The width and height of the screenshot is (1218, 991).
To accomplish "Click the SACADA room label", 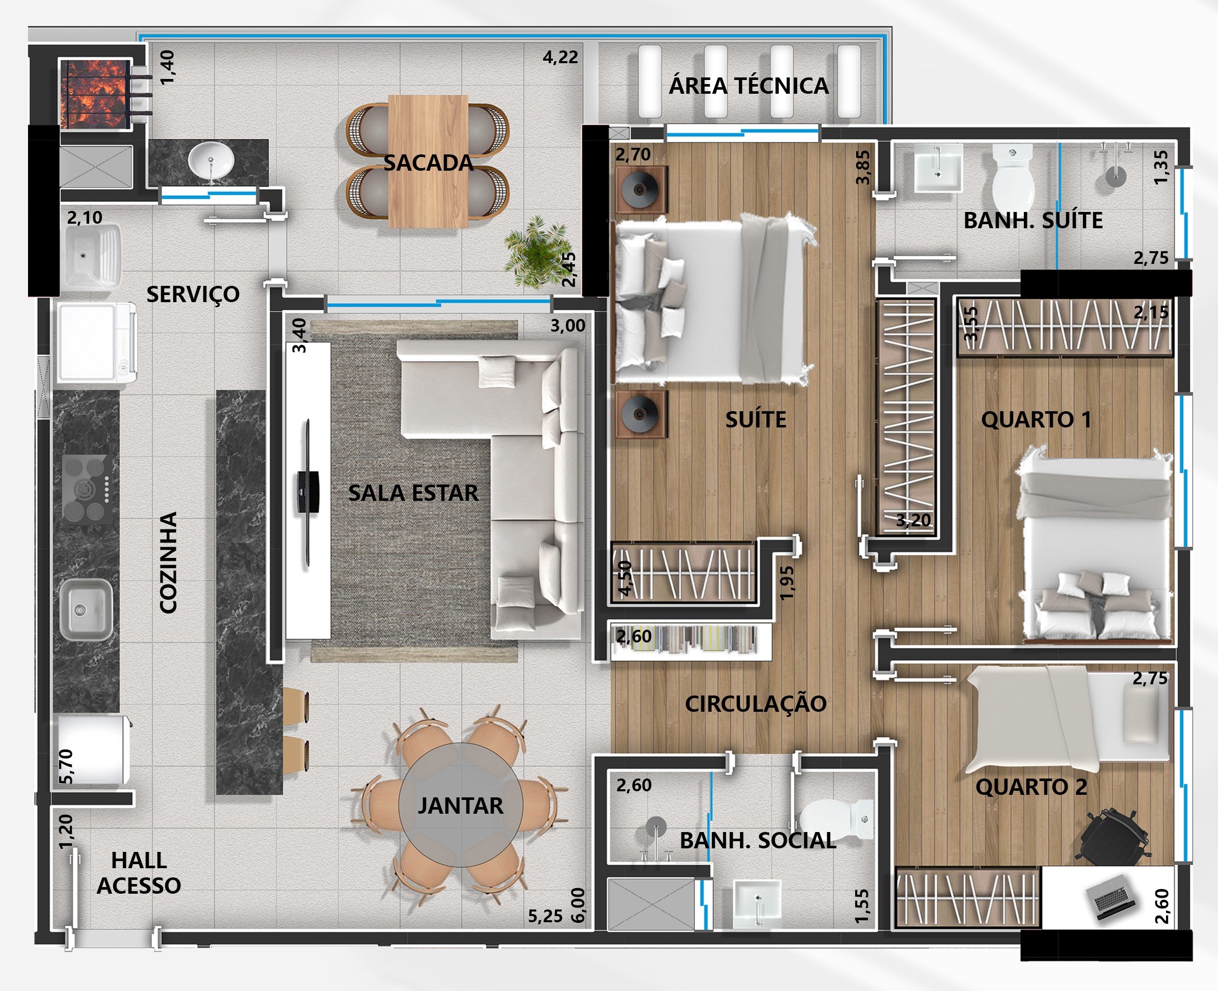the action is pos(428,163).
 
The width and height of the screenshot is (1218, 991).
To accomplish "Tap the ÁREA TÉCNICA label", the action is pos(749,86).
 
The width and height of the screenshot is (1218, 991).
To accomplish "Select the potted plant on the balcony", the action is pos(535,251).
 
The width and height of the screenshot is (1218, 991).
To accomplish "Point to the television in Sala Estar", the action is pos(308,493).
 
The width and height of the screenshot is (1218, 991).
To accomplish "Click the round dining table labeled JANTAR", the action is pos(460,805).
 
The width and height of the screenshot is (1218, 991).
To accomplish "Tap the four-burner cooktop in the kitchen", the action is pos(87,489).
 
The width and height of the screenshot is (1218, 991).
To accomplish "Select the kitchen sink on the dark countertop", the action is pos(86,610).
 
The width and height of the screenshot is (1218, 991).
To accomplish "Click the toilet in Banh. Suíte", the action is pos(1013,177).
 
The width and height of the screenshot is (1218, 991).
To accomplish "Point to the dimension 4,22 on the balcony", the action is pos(560,57).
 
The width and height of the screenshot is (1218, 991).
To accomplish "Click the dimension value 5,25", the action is pos(545,916).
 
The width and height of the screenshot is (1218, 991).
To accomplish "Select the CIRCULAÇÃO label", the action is pos(755,704).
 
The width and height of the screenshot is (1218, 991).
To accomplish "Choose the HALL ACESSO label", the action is pos(139,873).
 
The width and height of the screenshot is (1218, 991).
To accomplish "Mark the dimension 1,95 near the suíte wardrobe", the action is pos(787,582).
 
